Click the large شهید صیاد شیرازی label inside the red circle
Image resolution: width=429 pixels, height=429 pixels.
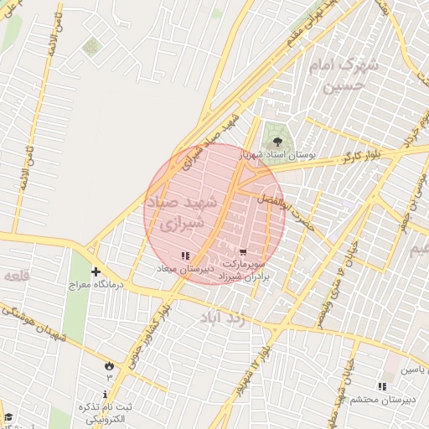182,214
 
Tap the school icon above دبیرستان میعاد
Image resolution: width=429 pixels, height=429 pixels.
185,256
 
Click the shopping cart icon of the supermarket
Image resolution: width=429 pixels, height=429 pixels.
243,251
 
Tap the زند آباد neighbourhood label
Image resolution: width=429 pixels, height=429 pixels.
222,318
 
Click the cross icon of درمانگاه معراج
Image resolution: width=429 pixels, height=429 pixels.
96,271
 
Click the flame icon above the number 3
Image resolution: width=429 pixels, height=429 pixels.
108,364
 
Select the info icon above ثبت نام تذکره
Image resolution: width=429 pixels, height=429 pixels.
105,394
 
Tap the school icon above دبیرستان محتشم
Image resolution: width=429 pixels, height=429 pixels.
382,386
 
